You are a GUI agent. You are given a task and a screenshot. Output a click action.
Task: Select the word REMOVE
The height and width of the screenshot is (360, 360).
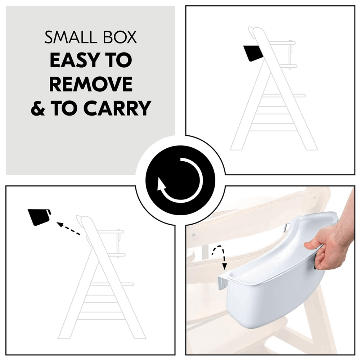pyautogui.click(x=91, y=84)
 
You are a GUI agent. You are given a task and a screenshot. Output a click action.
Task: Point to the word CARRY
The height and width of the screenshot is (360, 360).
pyautogui.click(x=117, y=108)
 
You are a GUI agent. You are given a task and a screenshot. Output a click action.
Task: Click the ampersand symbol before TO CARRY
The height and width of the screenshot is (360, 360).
pyautogui.click(x=38, y=108)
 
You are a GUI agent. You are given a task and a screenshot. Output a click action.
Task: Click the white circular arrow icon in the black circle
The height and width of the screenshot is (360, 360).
pyautogui.click(x=180, y=180)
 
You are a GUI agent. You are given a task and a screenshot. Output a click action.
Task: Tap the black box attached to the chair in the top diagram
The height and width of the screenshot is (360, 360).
pyautogui.click(x=253, y=53)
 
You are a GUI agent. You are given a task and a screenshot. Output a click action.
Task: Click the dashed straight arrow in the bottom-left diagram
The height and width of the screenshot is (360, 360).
pyautogui.click(x=68, y=229)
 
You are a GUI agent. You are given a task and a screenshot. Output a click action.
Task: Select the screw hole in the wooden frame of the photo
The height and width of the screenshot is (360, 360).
pyautogui.click(x=193, y=235)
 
